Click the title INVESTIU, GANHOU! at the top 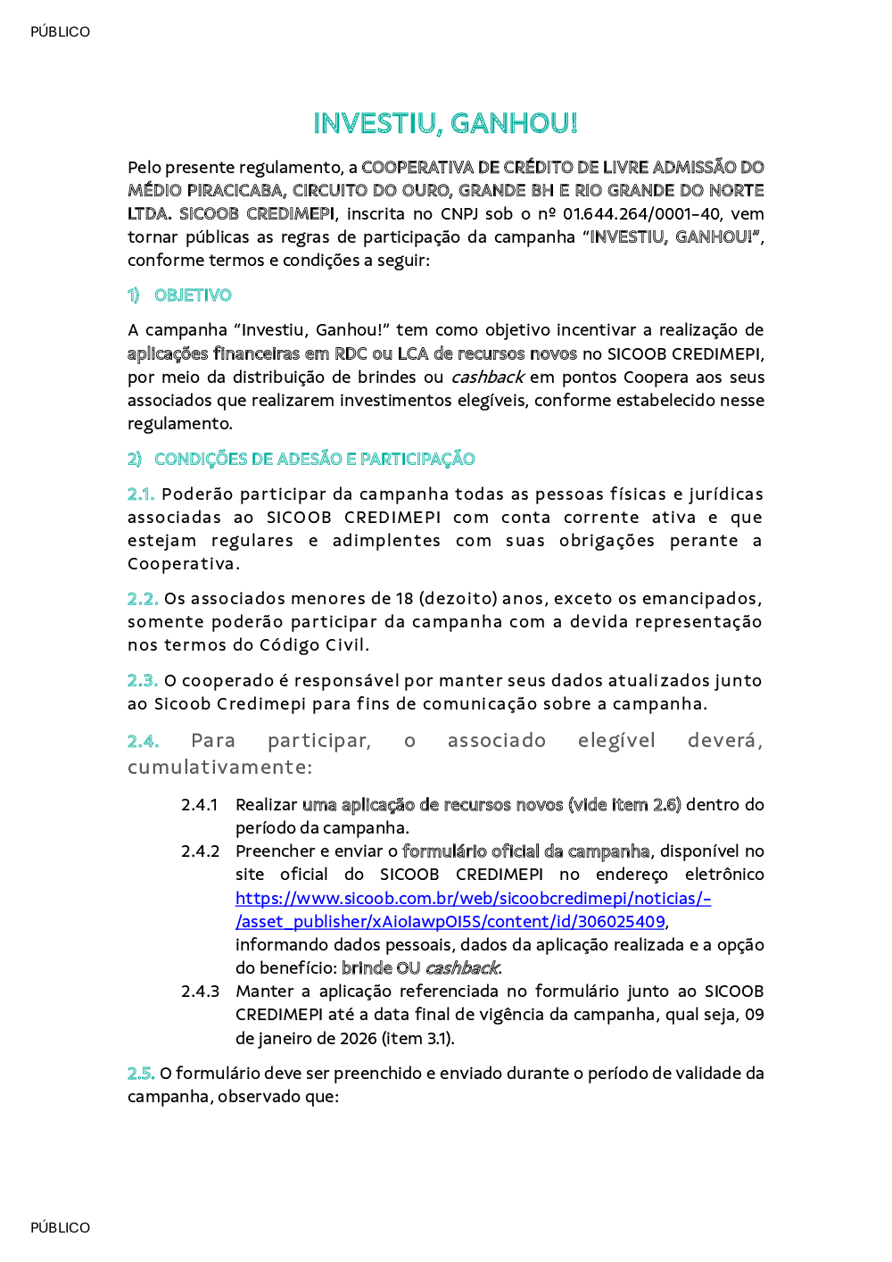pyautogui.click(x=445, y=123)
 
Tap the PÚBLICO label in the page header pyautogui.click(x=60, y=32)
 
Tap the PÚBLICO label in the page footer pyautogui.click(x=60, y=1228)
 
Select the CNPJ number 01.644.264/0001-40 pyautogui.click(x=641, y=214)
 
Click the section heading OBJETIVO pyautogui.click(x=193, y=295)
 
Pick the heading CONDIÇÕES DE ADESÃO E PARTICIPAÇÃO pyautogui.click(x=314, y=460)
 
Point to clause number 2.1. pyautogui.click(x=141, y=494)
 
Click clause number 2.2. pyautogui.click(x=143, y=599)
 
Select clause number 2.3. pyautogui.click(x=143, y=681)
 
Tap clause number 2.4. pyautogui.click(x=143, y=742)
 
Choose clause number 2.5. pyautogui.click(x=141, y=1074)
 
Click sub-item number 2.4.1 pyautogui.click(x=200, y=805)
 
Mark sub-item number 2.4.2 pyautogui.click(x=200, y=851)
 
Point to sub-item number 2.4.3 pyautogui.click(x=200, y=992)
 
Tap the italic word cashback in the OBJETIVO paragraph pyautogui.click(x=487, y=378)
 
